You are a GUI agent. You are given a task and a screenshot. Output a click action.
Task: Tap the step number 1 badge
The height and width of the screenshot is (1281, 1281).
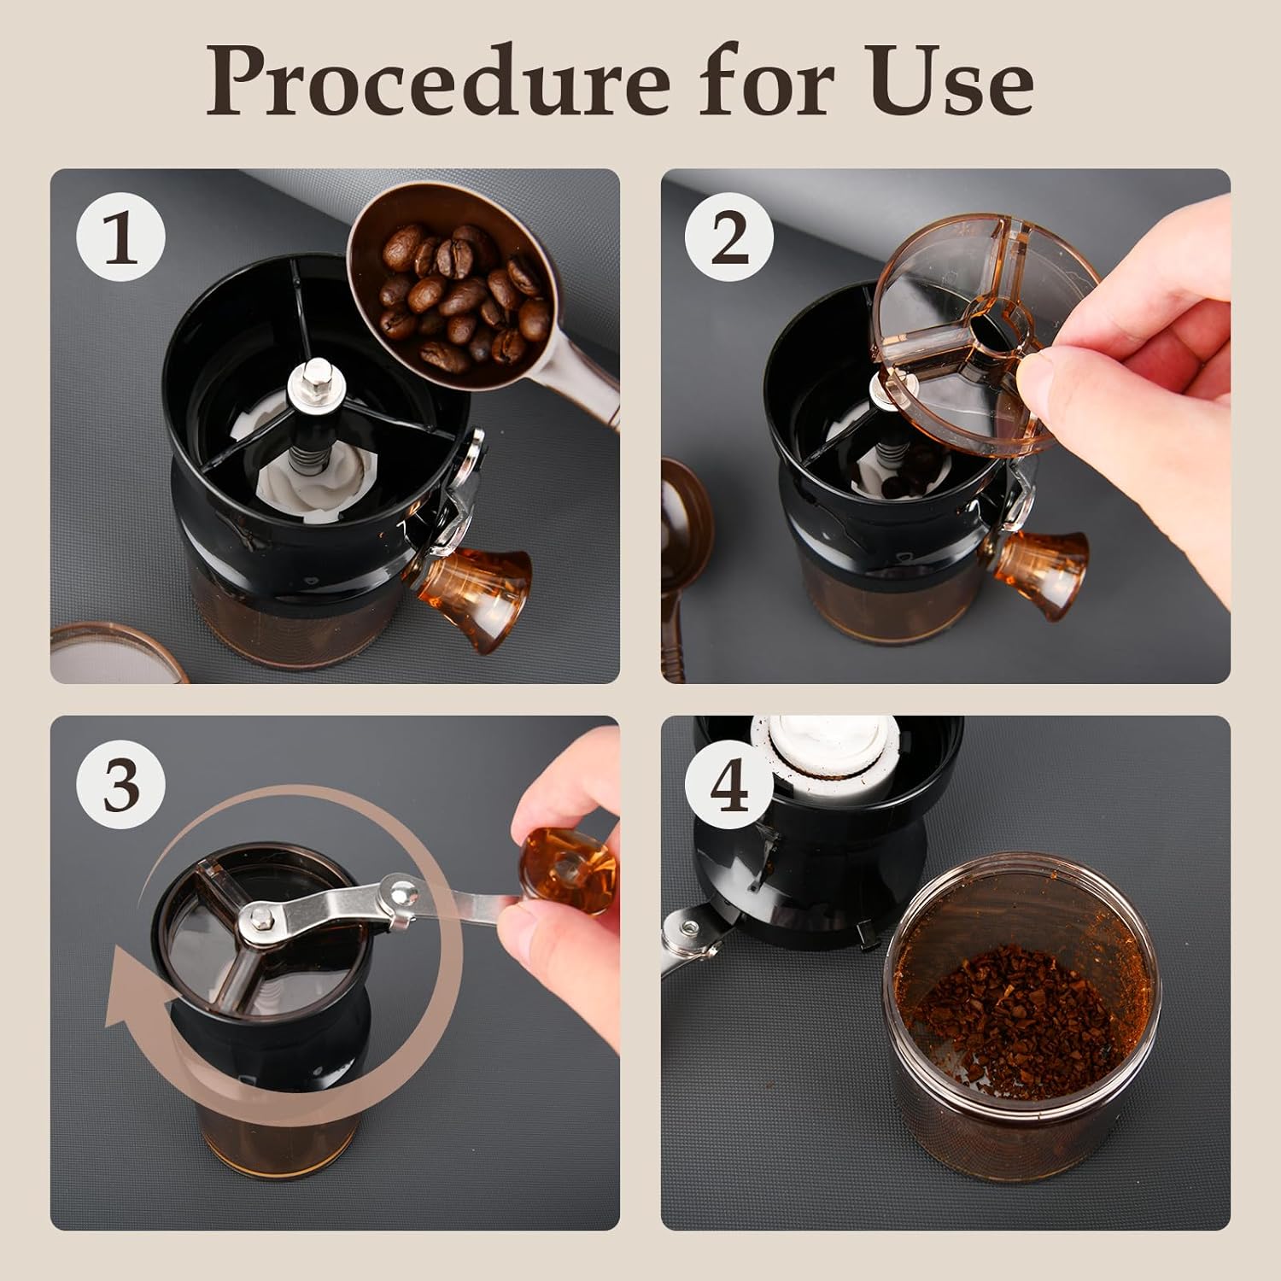[x=121, y=239]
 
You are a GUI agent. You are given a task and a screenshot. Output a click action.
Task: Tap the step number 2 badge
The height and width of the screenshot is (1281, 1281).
[x=730, y=239]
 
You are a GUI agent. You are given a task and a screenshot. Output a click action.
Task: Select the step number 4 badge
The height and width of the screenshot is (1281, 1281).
[x=730, y=787]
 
